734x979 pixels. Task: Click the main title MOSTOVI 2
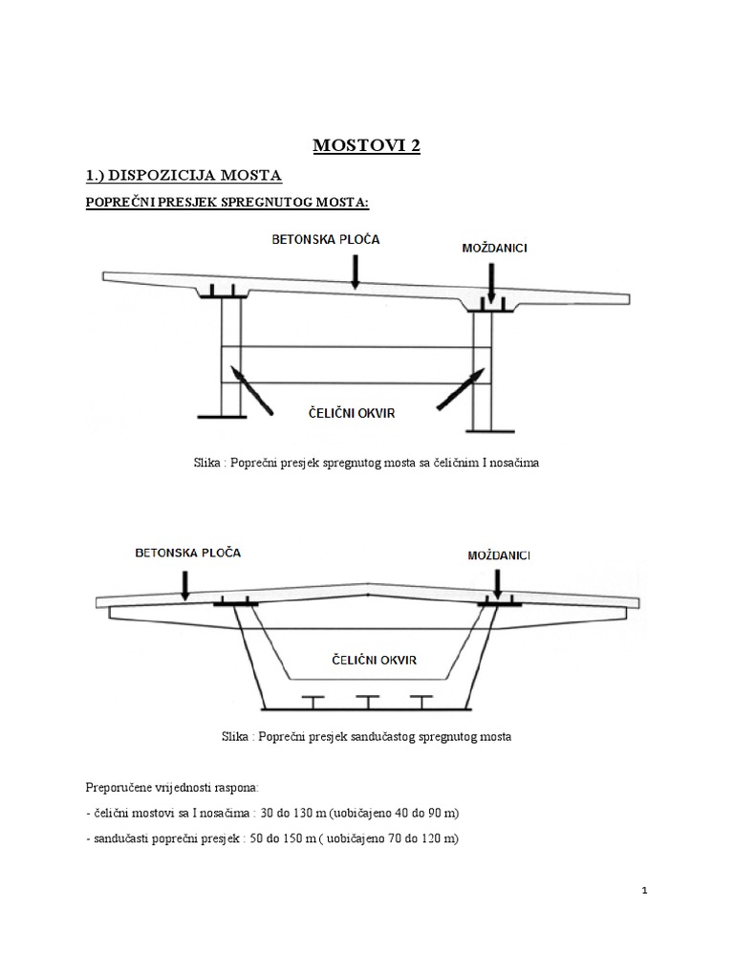tap(367, 146)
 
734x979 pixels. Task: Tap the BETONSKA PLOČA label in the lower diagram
tap(188, 553)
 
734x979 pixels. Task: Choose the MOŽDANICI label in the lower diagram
tap(500, 555)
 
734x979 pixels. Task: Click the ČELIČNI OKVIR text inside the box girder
tap(367, 660)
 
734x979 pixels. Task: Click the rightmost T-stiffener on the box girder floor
tap(418, 701)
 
